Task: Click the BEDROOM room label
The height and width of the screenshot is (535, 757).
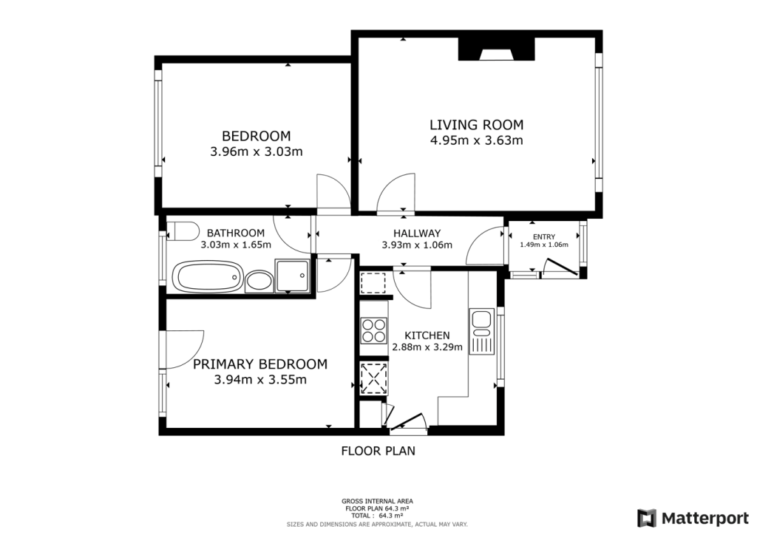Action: pyautogui.click(x=256, y=136)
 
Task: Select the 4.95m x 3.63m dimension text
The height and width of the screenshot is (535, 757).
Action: pyautogui.click(x=476, y=140)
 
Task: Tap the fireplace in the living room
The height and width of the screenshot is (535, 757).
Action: pyautogui.click(x=496, y=51)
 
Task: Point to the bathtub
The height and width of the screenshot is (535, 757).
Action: pyautogui.click(x=207, y=278)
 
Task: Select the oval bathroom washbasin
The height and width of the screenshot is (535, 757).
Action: pyautogui.click(x=258, y=280)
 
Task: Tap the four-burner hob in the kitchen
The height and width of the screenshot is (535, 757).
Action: pyautogui.click(x=373, y=330)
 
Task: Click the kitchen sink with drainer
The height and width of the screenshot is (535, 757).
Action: pyautogui.click(x=481, y=332)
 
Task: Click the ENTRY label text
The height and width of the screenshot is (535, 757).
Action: pyautogui.click(x=543, y=236)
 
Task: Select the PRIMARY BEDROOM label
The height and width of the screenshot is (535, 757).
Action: pyautogui.click(x=259, y=364)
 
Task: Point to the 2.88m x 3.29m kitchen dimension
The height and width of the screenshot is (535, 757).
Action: pyautogui.click(x=427, y=347)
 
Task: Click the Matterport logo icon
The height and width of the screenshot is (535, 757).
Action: pyautogui.click(x=647, y=517)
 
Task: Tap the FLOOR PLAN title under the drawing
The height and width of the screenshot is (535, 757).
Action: pyautogui.click(x=378, y=450)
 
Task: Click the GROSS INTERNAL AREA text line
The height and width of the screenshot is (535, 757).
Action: pyautogui.click(x=378, y=501)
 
